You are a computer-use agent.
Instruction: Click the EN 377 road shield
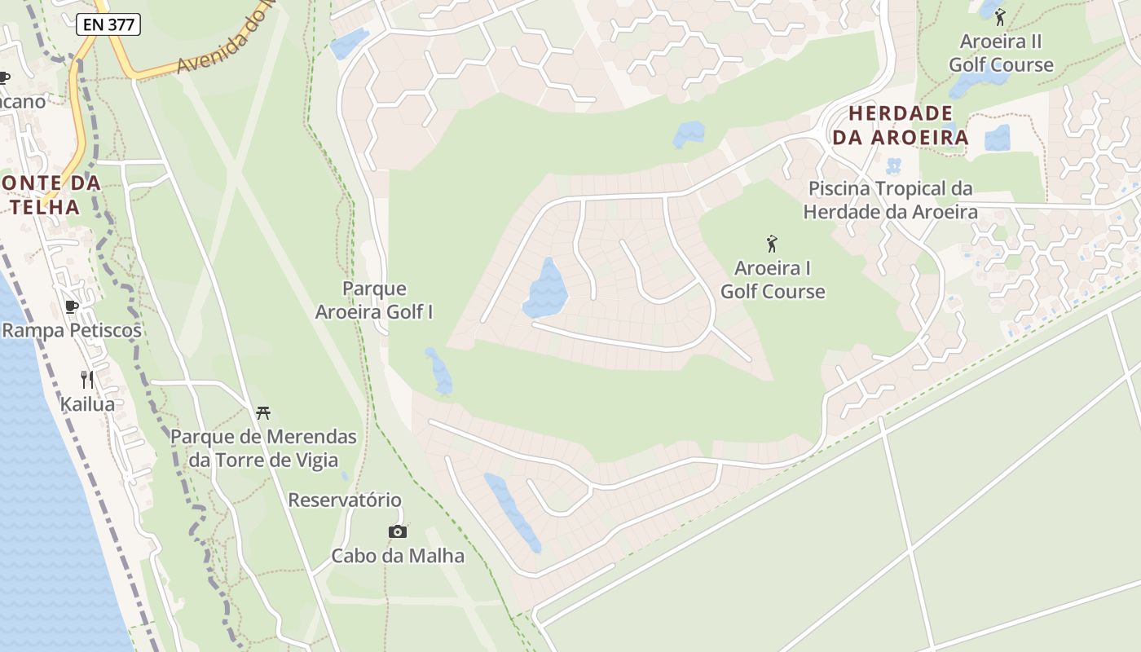coord(108,24)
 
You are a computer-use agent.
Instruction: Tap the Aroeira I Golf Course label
coord(773,280)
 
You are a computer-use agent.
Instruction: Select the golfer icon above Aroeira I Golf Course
coord(772,243)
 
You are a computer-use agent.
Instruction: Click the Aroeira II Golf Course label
coord(1001,53)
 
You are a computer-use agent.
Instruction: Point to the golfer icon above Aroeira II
coord(1000,16)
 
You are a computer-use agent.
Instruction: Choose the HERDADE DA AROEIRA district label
coord(900,125)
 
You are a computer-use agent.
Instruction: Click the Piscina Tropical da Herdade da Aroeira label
coord(890,200)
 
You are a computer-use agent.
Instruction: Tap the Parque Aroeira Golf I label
coord(374,300)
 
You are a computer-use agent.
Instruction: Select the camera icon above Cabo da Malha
coord(397,531)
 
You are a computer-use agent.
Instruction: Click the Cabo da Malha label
coord(398,556)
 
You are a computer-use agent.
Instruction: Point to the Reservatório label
coord(345,500)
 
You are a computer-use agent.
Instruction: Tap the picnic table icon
coord(262,412)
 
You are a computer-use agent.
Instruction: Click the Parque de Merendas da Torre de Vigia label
coord(263,448)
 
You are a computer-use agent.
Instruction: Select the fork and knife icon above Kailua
coord(87,379)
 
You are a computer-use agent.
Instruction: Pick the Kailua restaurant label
coord(87,403)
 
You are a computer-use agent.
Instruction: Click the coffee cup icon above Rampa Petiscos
coord(72,306)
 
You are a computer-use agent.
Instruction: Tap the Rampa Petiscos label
coord(72,330)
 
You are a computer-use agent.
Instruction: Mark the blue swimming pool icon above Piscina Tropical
coord(893,166)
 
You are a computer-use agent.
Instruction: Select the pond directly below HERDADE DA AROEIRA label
coord(997,139)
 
